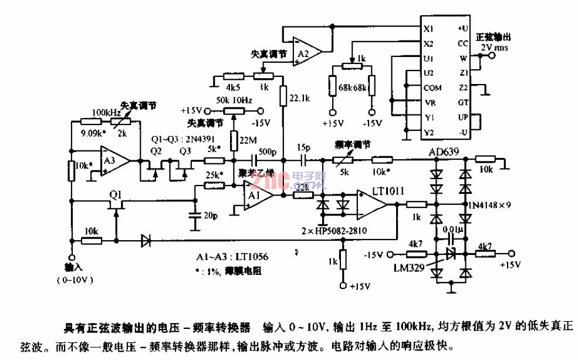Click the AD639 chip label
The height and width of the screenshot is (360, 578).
click(444, 152)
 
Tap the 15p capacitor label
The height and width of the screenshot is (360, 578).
click(304, 146)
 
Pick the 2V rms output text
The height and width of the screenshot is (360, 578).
click(491, 47)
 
